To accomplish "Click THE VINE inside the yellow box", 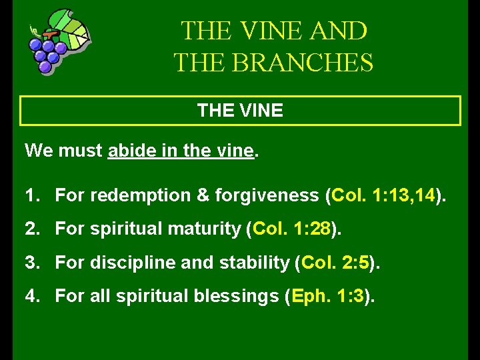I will point(240,111).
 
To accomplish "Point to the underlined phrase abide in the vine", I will point(181,151).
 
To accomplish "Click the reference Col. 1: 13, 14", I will point(383,195).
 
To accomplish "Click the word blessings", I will point(238,295).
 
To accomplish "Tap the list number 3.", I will point(31,262).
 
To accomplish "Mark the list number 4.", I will point(31,295).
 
